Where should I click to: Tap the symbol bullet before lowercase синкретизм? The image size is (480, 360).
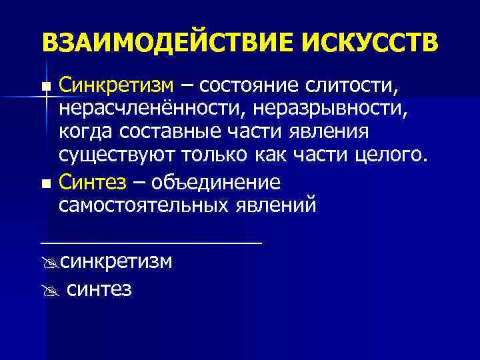(x=47, y=262)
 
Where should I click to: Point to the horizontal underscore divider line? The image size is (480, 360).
(x=151, y=241)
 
